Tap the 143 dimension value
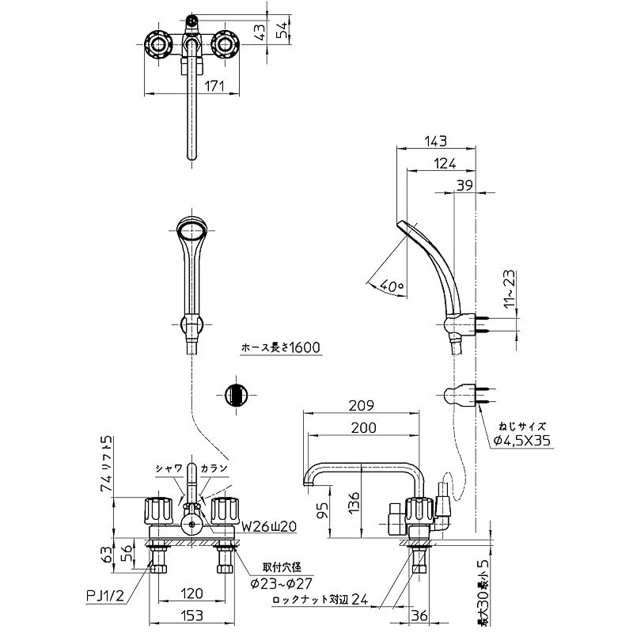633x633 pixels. coord(435,142)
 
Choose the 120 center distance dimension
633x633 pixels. coord(191,593)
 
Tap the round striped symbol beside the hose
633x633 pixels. coord(236,394)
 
